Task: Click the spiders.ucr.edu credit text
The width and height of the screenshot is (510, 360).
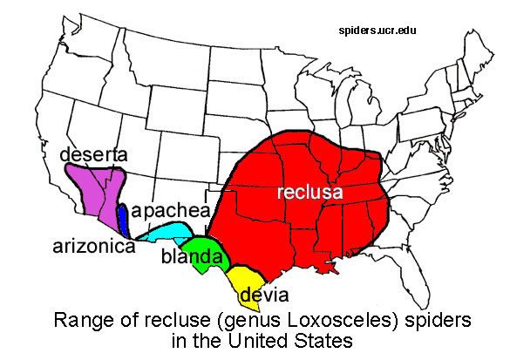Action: [377, 31]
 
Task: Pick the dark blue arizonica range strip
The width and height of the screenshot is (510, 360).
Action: [123, 218]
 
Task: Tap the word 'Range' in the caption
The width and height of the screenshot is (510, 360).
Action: [81, 319]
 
